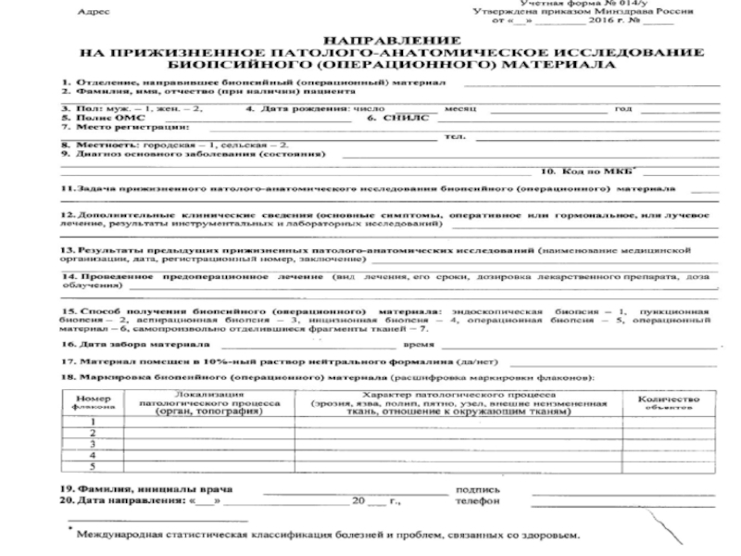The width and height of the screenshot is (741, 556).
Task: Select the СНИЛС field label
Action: (x=387, y=119)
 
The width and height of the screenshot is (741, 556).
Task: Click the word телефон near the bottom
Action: (x=479, y=501)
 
